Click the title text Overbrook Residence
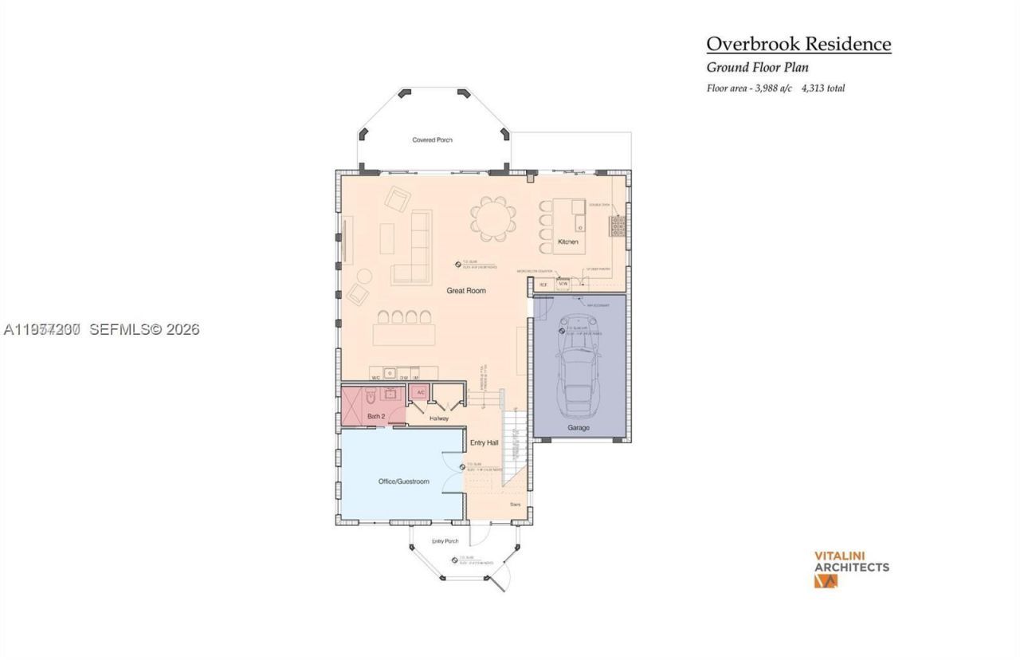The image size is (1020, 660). pyautogui.click(x=798, y=44)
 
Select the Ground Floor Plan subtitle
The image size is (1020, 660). pyautogui.click(x=757, y=68)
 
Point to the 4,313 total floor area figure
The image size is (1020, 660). pyautogui.click(x=823, y=88)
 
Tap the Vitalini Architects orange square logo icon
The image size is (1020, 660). pyautogui.click(x=826, y=581)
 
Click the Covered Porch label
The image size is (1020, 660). pyautogui.click(x=432, y=140)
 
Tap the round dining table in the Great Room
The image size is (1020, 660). pyautogui.click(x=488, y=218)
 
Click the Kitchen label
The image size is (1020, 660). pyautogui.click(x=567, y=242)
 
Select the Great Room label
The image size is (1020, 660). pyautogui.click(x=465, y=291)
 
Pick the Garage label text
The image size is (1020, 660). pyautogui.click(x=579, y=428)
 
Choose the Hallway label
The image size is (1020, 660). pyautogui.click(x=439, y=418)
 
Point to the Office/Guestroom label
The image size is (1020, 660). pyautogui.click(x=403, y=481)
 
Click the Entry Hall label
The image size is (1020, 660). pyautogui.click(x=484, y=442)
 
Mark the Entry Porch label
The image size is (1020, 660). pyautogui.click(x=445, y=541)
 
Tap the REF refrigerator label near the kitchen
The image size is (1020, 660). pyautogui.click(x=543, y=284)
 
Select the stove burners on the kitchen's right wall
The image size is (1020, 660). pyautogui.click(x=618, y=227)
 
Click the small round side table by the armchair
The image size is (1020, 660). pyautogui.click(x=364, y=276)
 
